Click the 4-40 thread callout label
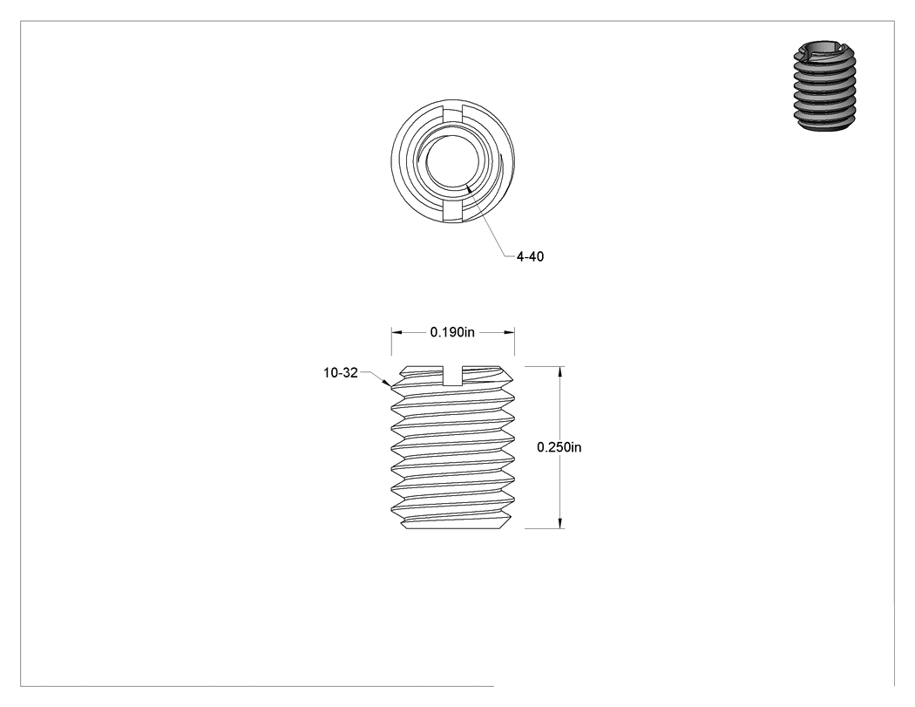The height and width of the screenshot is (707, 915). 530,256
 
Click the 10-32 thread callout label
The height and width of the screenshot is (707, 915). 341,372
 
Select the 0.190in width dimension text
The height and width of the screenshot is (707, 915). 452,332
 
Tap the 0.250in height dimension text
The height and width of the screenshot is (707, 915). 559,447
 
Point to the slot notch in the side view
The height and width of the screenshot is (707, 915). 453,376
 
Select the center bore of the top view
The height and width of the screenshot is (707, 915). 453,161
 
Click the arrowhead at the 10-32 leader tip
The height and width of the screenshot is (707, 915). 387,383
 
